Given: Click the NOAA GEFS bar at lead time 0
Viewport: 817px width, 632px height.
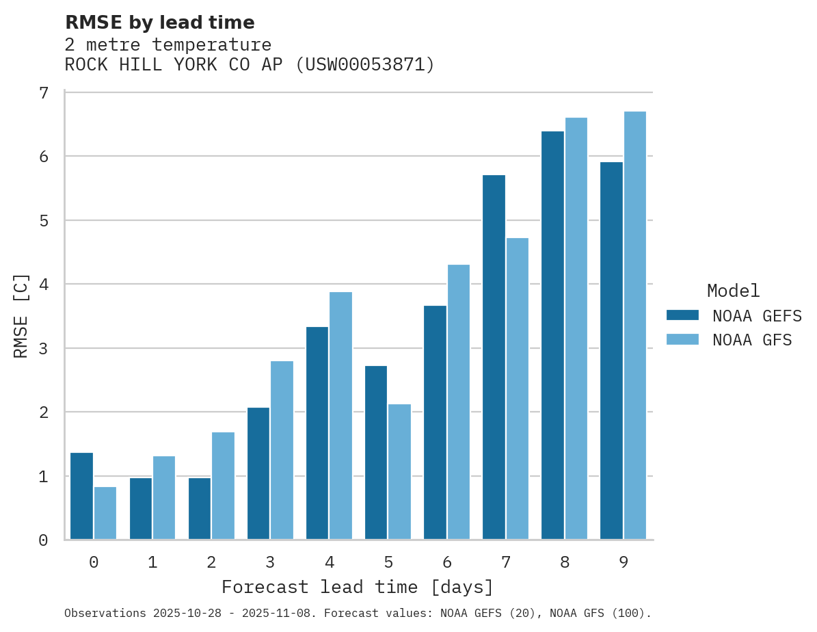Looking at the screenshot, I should click(x=81, y=496).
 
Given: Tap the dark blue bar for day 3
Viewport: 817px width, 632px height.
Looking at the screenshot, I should click(x=258, y=473).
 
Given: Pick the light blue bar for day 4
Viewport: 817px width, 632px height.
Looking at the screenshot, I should click(x=340, y=416).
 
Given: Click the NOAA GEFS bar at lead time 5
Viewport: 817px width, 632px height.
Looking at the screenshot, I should click(x=376, y=453).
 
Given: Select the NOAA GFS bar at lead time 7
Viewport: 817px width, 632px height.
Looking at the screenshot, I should click(x=517, y=389).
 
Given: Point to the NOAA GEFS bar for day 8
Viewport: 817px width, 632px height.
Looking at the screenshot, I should click(x=552, y=335).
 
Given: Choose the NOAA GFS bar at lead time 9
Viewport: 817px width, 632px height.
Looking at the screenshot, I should click(x=634, y=326).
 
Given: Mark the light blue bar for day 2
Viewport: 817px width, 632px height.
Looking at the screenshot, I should click(x=223, y=486).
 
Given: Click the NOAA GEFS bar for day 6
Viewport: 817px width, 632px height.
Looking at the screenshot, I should click(x=435, y=423).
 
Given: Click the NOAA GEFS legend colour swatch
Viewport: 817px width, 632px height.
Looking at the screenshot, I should click(x=682, y=315).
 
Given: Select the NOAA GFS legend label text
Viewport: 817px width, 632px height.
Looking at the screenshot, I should click(x=752, y=340).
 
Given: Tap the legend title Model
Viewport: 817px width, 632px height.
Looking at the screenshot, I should click(x=733, y=291).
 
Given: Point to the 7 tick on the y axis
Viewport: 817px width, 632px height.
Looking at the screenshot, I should click(x=43, y=92).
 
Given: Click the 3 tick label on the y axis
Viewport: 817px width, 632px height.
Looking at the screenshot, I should click(x=43, y=348).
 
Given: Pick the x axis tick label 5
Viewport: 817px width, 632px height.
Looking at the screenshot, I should click(x=388, y=562).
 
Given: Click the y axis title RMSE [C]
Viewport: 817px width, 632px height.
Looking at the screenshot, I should click(x=21, y=316).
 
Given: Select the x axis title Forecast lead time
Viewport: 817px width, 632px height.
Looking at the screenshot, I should click(x=357, y=587).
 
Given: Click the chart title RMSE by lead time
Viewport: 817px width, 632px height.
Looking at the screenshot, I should click(x=159, y=23).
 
